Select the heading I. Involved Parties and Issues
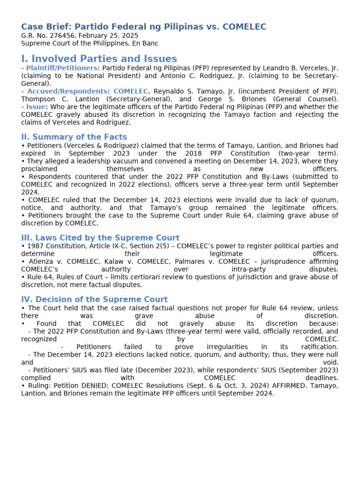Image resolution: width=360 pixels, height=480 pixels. (x=99, y=59)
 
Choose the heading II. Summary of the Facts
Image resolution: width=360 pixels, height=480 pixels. (x=74, y=137)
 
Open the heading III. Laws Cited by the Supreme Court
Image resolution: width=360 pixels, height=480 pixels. (x=100, y=238)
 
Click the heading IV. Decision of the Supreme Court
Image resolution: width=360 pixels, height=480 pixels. (x=94, y=300)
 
